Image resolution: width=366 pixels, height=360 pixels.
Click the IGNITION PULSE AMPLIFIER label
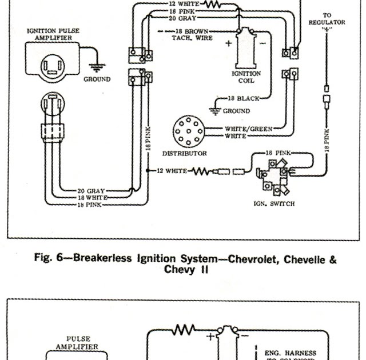52,34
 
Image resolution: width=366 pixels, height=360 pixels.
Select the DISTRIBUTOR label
184,153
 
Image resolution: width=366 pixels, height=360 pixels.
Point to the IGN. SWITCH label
273,203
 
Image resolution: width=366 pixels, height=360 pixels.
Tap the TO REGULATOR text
327,19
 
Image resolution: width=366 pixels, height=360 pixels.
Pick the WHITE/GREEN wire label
248,129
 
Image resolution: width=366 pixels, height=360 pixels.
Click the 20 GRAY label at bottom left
90,190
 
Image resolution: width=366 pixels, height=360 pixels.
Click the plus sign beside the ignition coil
229,43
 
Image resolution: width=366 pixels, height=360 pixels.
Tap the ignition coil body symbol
246,46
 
